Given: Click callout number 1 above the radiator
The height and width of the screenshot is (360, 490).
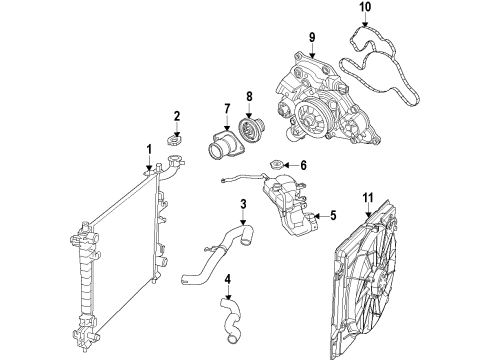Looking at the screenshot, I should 149,150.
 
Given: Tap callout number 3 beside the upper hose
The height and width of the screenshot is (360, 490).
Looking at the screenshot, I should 242,207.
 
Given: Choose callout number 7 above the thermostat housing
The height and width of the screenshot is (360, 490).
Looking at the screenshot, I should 228,108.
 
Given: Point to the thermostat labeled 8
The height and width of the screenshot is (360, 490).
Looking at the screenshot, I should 249,134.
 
